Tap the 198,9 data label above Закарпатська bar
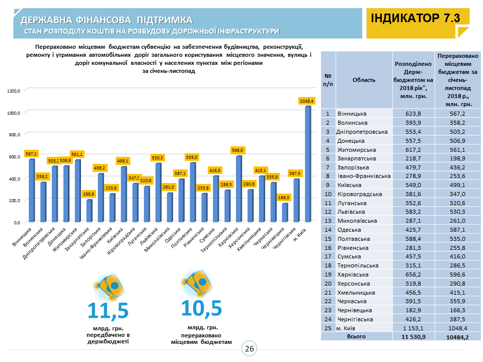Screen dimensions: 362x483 point(90,194)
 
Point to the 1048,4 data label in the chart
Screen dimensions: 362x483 point(306,101)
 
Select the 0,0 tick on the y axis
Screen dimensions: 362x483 point(16,222)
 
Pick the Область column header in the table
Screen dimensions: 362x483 point(363,79)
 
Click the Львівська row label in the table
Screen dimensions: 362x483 point(353,212)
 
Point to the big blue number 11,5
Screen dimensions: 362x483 point(108,311)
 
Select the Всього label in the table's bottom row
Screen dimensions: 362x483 point(356,337)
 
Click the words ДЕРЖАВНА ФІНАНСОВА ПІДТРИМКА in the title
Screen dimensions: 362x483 point(107,20)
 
